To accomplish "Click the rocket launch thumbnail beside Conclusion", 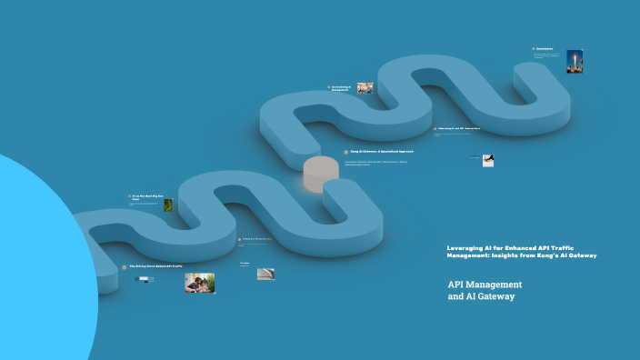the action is tap(574, 61).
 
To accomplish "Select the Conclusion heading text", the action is tap(545, 49).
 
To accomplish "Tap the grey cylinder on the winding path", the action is tap(321, 174).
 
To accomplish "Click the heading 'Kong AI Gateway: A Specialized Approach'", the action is tap(382, 152).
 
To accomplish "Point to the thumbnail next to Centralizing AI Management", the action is tap(365, 88).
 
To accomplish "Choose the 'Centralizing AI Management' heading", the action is tap(341, 88).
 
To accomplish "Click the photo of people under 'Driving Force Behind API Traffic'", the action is tap(199, 283).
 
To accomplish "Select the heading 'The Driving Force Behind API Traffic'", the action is tap(155, 266).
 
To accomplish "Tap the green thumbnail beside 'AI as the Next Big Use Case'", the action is tap(168, 205).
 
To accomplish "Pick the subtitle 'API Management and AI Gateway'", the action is tap(485, 290).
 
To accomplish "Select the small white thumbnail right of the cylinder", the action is tap(488, 161).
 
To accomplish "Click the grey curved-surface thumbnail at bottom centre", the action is tap(265, 274).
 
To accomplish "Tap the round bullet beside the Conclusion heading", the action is tap(534, 49).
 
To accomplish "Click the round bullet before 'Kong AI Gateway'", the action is tap(346, 152).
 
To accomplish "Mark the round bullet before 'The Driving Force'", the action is tap(125, 267).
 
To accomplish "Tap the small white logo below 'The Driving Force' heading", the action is tap(145, 279).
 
